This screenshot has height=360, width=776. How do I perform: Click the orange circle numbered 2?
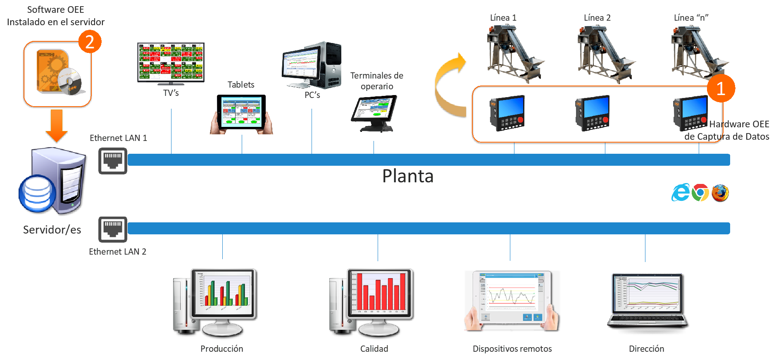(x=90, y=42)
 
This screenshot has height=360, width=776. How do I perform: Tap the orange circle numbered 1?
(x=721, y=88)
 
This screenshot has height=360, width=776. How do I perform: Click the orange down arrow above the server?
(x=57, y=125)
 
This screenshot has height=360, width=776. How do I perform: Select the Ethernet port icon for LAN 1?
(x=113, y=161)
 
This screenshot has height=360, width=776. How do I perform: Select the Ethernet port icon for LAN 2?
(x=113, y=229)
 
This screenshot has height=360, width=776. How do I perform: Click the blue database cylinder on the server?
(x=38, y=193)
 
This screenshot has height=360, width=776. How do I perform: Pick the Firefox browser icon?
(x=720, y=193)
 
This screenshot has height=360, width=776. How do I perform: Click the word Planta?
(x=408, y=176)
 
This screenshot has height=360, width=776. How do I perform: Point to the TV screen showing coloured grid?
(x=171, y=62)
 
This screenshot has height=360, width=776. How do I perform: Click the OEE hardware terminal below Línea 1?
(x=507, y=113)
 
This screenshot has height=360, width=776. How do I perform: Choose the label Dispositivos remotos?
(x=512, y=349)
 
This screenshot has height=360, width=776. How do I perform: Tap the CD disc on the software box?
(x=70, y=81)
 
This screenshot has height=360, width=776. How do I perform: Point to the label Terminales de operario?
(x=376, y=81)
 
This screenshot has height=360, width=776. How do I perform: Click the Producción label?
(x=222, y=349)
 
